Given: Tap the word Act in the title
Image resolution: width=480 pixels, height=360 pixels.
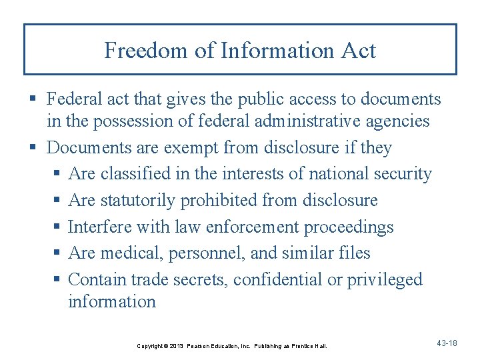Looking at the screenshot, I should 359,51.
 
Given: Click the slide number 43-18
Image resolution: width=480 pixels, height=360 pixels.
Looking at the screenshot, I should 446,343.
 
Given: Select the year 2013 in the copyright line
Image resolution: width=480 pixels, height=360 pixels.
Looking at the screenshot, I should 175,346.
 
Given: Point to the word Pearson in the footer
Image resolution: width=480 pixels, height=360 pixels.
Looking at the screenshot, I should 200,346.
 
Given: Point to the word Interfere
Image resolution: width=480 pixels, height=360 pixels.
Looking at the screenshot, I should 100,227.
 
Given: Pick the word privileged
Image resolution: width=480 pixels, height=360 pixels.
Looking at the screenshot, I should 385,279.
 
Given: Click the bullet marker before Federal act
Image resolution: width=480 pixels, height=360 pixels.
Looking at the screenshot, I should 33,100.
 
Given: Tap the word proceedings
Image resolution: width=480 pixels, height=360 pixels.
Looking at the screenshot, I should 349,227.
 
